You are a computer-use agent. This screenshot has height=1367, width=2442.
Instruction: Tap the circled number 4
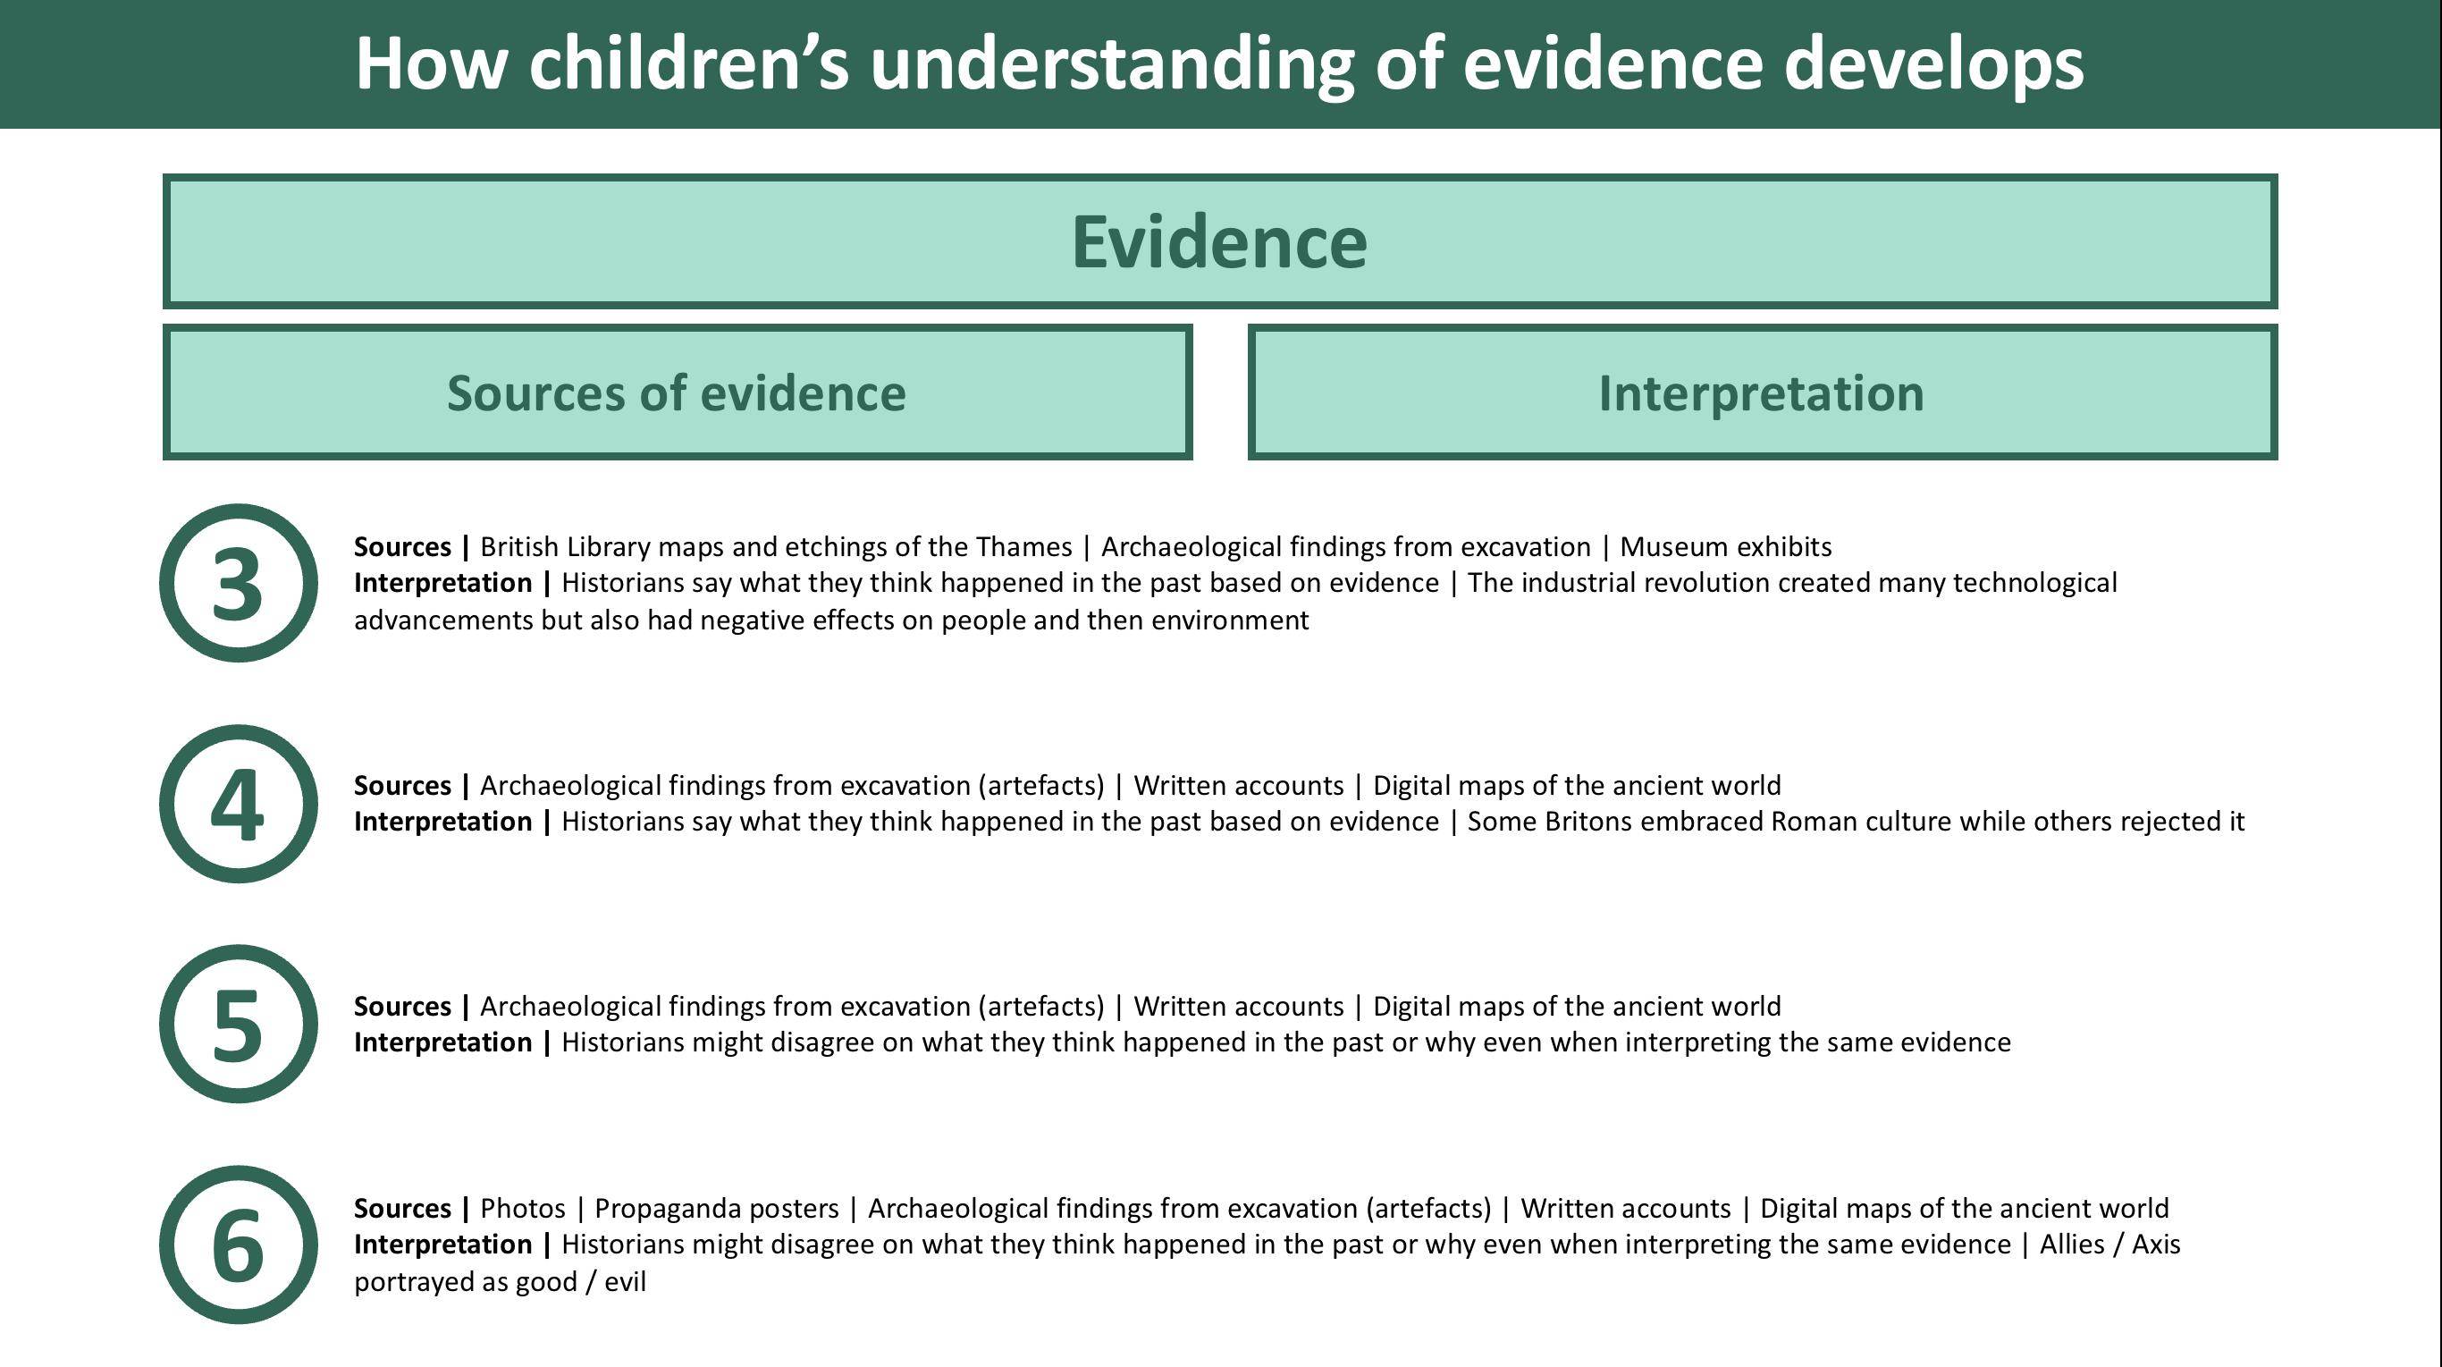tap(238, 804)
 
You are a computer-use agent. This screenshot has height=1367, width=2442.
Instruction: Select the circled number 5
tap(238, 1024)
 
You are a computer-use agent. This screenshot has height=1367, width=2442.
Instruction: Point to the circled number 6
tap(238, 1245)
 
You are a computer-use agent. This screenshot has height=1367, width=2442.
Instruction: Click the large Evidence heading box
tap(1220, 240)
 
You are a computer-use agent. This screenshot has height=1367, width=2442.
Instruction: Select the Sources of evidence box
tap(677, 392)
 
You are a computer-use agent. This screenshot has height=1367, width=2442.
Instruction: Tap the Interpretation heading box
tap(1763, 392)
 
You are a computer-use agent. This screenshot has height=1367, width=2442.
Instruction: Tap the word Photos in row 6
tap(522, 1209)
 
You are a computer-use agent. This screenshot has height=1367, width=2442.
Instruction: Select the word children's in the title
tap(689, 63)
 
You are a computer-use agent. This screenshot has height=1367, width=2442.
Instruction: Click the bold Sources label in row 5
tap(402, 1006)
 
